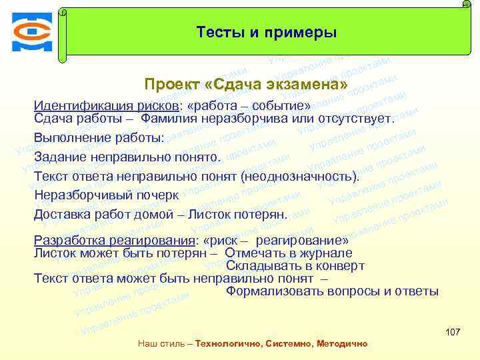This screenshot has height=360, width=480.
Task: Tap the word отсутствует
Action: click(x=356, y=119)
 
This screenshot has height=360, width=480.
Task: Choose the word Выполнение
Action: click(x=71, y=138)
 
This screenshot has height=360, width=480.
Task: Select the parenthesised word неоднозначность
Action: click(x=299, y=177)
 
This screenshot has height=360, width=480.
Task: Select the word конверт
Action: click(x=337, y=265)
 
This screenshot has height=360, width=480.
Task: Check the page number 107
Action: click(x=452, y=332)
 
